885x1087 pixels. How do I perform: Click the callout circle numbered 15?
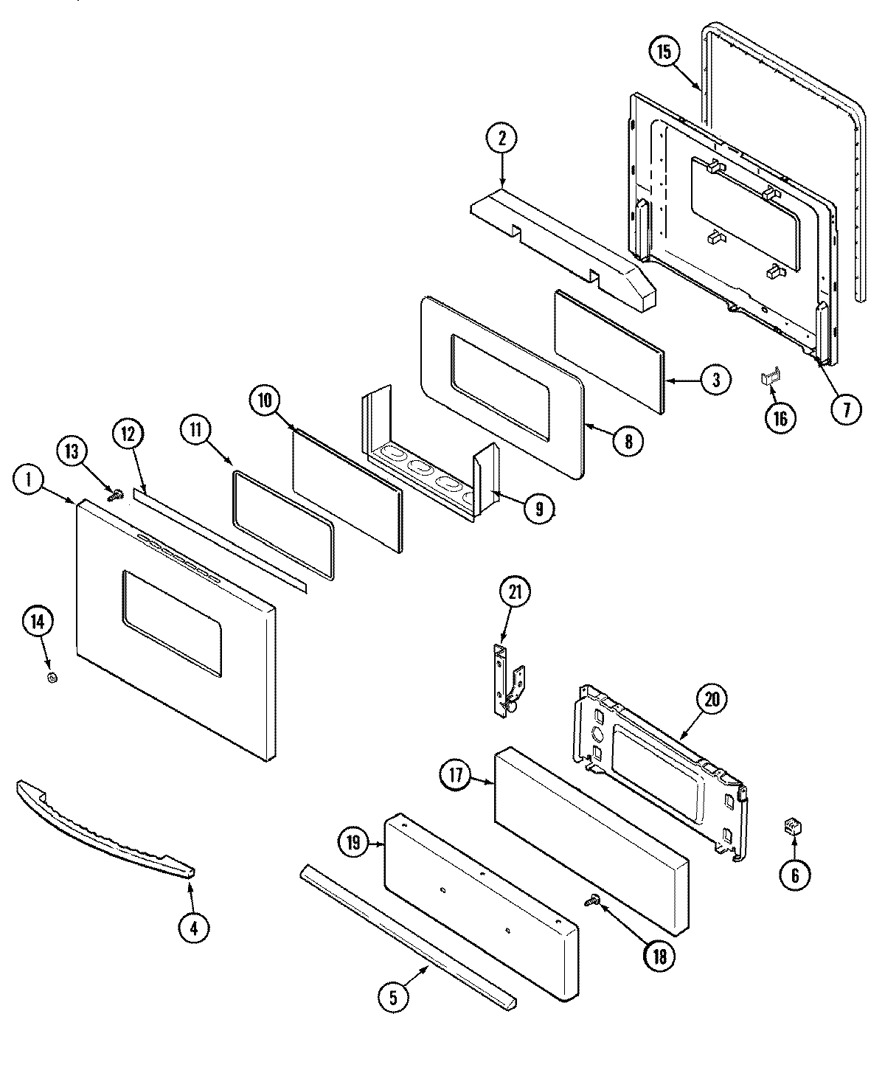coord(664,52)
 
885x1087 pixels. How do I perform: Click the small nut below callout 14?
coord(52,677)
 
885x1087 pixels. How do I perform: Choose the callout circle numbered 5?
coord(392,997)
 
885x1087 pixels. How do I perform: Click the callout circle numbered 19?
coord(354,842)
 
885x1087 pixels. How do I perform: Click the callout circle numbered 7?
coord(846,407)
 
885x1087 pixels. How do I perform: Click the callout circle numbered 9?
coord(539,508)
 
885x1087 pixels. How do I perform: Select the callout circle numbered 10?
coord(264,401)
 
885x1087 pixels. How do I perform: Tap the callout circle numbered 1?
coord(28,480)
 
